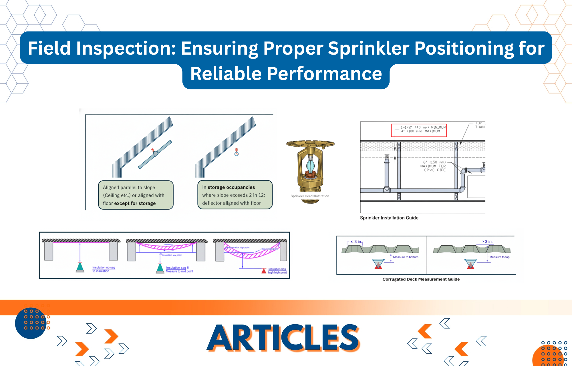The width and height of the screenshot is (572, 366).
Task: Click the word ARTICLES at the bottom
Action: click(283, 338)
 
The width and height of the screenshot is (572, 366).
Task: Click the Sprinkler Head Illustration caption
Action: click(310, 196)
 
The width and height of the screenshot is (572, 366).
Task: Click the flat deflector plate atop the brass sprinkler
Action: click(310, 143)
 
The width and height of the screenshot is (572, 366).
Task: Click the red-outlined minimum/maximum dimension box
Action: click(419, 130)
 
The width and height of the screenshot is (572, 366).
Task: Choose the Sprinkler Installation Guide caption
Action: click(389, 218)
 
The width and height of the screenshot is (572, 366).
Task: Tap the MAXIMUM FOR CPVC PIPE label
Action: click(433, 166)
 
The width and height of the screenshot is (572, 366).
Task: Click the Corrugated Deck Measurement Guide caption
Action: click(421, 279)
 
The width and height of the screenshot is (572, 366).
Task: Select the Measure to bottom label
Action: click(406, 257)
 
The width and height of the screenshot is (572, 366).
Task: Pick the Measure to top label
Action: click(499, 257)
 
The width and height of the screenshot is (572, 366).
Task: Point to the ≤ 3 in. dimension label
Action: click(356, 242)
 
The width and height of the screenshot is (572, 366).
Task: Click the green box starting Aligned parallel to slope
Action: click(136, 195)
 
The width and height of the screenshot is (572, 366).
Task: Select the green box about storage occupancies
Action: click(235, 195)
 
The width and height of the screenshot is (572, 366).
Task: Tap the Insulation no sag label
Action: click(104, 268)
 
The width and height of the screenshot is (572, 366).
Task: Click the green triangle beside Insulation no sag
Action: click(80, 267)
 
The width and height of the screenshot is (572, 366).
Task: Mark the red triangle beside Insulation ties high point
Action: click(264, 270)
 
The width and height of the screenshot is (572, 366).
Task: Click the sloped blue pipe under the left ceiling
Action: click(155, 154)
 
